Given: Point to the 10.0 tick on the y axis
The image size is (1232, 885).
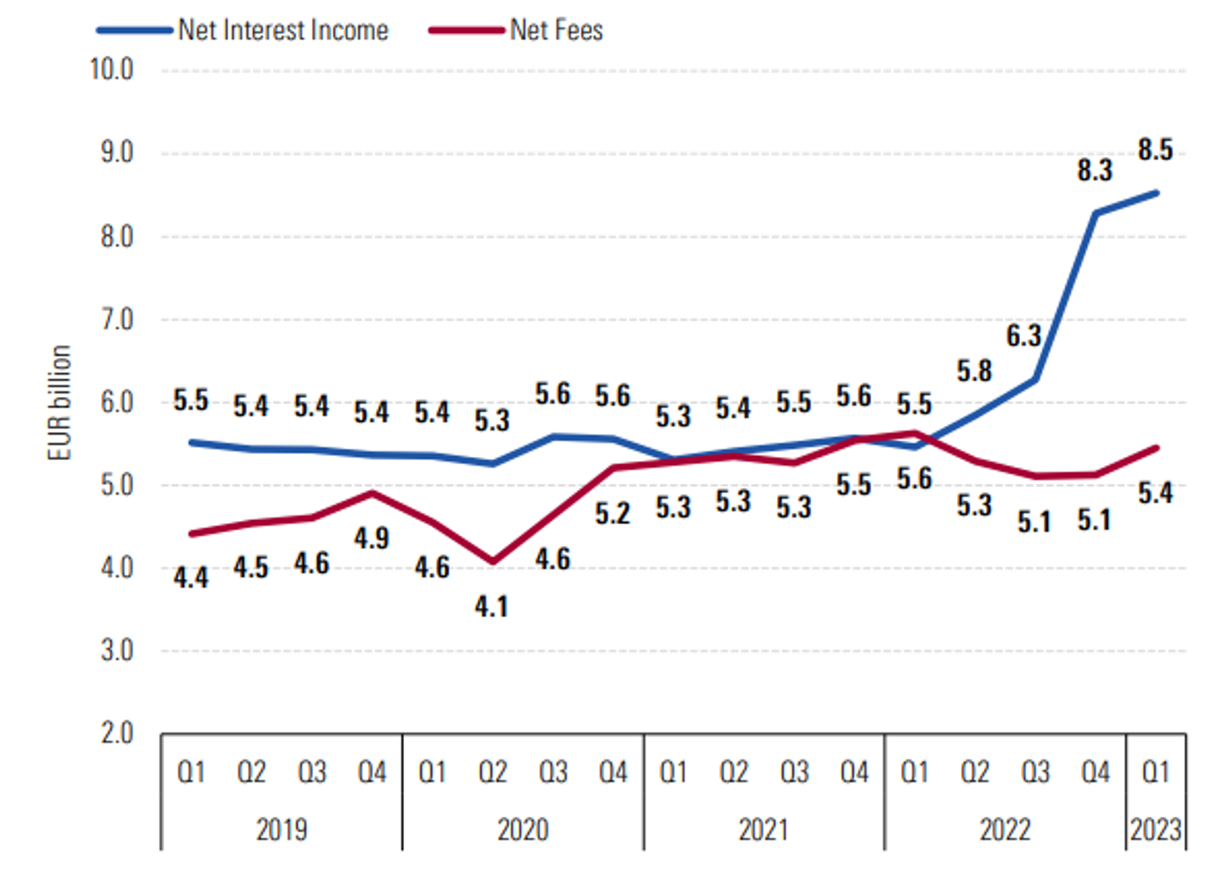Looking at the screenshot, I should [112, 69].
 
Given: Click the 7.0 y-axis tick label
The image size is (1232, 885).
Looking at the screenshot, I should [117, 319].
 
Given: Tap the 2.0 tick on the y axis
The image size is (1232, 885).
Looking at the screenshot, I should [117, 732].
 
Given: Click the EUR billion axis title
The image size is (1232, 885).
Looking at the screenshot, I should [60, 403].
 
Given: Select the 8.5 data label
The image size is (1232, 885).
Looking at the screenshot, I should [1155, 150].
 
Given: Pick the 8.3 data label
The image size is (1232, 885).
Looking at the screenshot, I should [1094, 170].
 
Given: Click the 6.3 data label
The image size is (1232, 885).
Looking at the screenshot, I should [1023, 335].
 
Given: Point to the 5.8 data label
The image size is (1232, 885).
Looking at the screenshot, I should [974, 371].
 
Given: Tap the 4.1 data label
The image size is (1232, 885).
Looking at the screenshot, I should [491, 606].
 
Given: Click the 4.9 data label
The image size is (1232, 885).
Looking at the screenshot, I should [371, 538].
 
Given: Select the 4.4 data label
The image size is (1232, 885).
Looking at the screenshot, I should [191, 578].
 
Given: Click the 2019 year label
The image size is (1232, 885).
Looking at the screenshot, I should [282, 829].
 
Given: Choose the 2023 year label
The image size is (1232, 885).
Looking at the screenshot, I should [1155, 829].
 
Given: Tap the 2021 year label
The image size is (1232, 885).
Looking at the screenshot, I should [764, 829].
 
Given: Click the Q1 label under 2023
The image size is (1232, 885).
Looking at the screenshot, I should [1155, 772].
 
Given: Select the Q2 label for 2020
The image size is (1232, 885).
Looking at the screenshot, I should [492, 772].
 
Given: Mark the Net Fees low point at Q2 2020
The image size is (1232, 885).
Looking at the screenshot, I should [492, 562].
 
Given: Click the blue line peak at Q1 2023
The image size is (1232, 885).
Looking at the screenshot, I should [1156, 194].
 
